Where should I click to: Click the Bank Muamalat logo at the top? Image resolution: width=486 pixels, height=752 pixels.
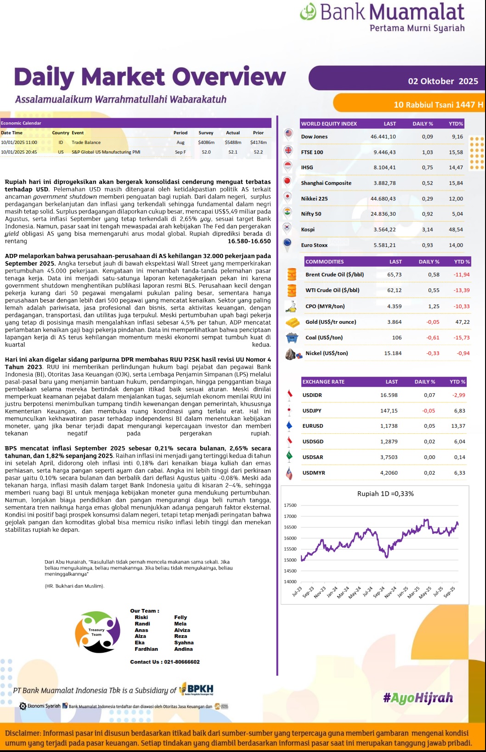[382, 17]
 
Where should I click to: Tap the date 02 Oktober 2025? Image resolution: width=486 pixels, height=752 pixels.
[443, 81]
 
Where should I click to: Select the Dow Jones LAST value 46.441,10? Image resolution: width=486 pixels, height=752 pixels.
[383, 137]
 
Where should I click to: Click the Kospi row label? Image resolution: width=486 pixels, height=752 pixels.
[307, 230]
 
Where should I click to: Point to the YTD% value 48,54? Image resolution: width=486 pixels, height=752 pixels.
[456, 230]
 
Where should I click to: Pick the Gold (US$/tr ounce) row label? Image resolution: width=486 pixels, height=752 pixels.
[330, 322]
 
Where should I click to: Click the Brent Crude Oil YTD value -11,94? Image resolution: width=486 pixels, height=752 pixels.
[461, 275]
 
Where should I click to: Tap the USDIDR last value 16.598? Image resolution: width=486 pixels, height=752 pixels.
[389, 395]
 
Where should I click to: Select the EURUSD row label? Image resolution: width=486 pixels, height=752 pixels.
[312, 426]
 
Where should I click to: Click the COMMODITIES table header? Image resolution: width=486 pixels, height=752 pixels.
[324, 262]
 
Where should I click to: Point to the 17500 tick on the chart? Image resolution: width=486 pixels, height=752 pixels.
[290, 505]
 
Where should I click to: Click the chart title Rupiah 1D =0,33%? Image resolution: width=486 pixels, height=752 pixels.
[385, 494]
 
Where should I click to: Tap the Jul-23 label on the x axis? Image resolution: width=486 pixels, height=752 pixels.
[297, 591]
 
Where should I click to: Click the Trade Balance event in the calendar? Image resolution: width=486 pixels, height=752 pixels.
[86, 143]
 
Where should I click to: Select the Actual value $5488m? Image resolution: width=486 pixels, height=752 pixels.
[233, 143]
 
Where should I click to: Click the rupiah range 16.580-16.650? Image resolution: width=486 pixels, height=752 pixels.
[249, 241]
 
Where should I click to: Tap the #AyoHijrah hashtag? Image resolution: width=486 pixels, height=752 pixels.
[418, 698]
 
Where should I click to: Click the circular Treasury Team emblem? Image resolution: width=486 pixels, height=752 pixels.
[97, 632]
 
